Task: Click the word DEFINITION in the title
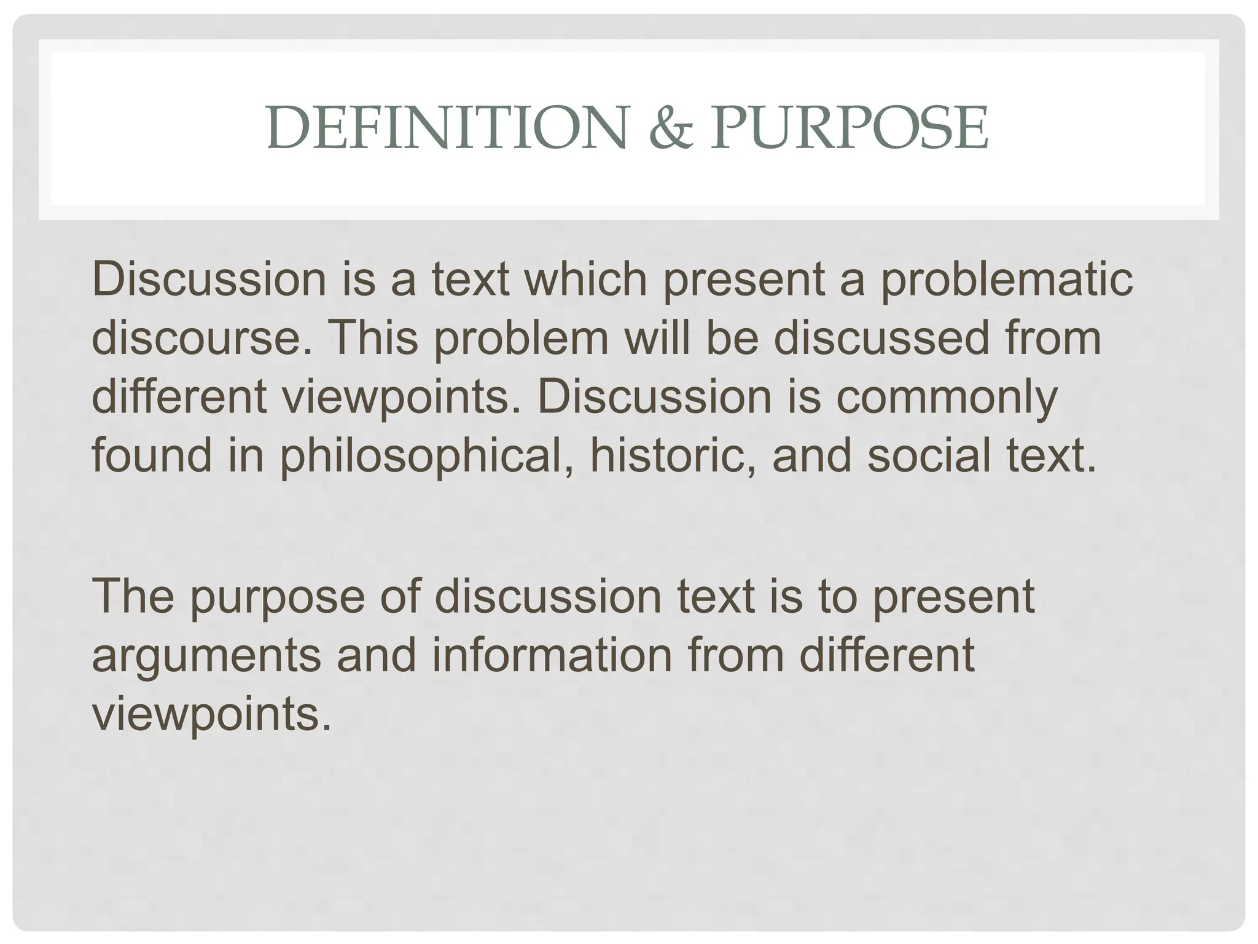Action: point(447,128)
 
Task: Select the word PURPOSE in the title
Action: point(849,128)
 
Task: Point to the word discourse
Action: point(195,339)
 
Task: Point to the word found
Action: point(151,455)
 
